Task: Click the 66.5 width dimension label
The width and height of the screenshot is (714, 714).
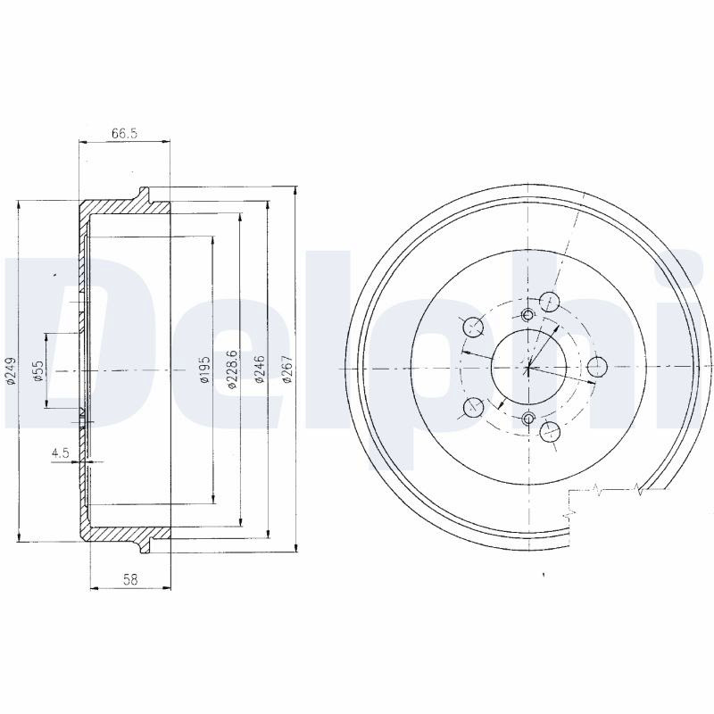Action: pyautogui.click(x=124, y=133)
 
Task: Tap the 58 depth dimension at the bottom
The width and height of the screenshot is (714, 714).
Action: pyautogui.click(x=130, y=579)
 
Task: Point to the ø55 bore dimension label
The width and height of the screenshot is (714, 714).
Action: pyautogui.click(x=38, y=370)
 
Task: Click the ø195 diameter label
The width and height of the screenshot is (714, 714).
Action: pyautogui.click(x=204, y=369)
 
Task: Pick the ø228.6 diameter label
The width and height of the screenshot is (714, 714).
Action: pyautogui.click(x=232, y=369)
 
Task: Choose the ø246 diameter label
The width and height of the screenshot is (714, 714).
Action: pyautogui.click(x=259, y=369)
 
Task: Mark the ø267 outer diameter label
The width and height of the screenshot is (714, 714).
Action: pyautogui.click(x=286, y=369)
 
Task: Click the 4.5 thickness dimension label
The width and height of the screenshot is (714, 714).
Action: pyautogui.click(x=60, y=452)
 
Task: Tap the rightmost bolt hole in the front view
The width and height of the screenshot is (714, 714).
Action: pyautogui.click(x=597, y=367)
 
